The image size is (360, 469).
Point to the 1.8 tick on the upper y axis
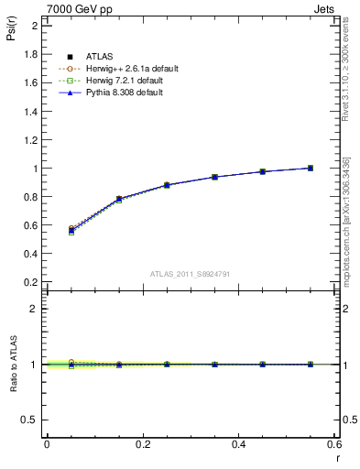click(31, 54)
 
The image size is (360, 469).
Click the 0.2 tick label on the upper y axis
click(31, 282)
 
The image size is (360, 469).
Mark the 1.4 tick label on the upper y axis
click(31, 111)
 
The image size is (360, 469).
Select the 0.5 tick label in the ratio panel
click(31, 420)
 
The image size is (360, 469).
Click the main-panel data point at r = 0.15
click(119, 199)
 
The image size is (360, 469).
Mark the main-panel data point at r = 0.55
click(311, 168)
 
